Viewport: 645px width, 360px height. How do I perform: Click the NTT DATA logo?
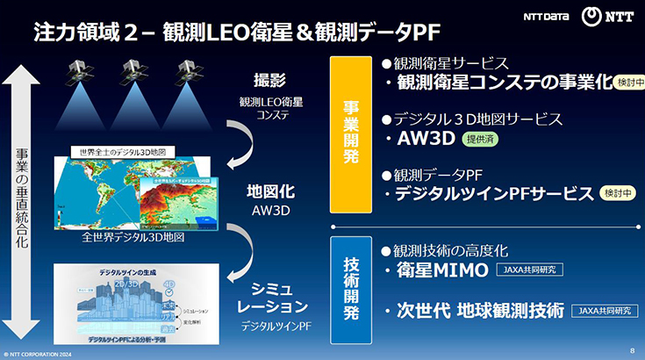pyautogui.click(x=548, y=16)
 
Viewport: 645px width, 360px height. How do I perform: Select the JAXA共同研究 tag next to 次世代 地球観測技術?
pyautogui.click(x=604, y=311)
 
